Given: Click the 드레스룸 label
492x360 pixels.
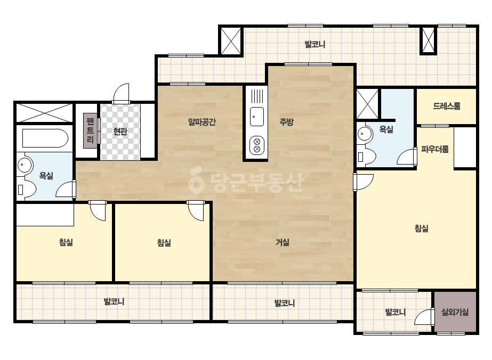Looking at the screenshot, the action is (447, 106).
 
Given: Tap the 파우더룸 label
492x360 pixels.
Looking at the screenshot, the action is (434, 149).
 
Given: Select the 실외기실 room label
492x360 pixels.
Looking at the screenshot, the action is (455, 312).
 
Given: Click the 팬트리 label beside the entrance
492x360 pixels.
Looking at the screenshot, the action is (91, 130).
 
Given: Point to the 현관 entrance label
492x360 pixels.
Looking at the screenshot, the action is (120, 132).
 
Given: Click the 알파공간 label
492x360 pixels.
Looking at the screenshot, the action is (202, 121).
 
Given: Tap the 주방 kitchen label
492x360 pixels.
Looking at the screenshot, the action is (286, 121).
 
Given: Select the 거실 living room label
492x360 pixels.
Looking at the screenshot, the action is (283, 242).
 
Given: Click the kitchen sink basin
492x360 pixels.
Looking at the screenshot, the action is (257, 116).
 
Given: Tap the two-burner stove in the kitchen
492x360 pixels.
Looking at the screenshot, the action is (257, 145).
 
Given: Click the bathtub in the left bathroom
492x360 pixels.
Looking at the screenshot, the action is (45, 138).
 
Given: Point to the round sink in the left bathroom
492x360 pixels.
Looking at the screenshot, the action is (25, 165).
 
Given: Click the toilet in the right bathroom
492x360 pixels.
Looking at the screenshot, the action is (366, 157).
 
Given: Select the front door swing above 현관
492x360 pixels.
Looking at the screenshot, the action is (121, 93).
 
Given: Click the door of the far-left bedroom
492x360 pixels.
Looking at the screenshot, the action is (98, 211).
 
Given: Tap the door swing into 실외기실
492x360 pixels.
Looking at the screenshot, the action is (424, 317).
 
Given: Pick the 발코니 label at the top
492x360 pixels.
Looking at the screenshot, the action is (314, 44).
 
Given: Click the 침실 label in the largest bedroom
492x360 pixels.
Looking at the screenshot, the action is (422, 228).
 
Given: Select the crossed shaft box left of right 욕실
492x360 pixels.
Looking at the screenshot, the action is (367, 104).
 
